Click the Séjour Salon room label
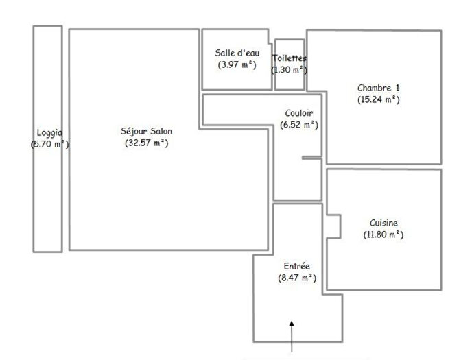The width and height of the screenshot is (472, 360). click(x=146, y=131)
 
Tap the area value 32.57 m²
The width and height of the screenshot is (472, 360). click(x=146, y=143)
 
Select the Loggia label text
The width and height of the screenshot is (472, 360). click(x=49, y=132)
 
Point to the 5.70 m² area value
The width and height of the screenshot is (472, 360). click(x=49, y=145)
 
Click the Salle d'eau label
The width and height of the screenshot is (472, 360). click(x=235, y=53)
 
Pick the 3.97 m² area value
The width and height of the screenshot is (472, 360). click(x=235, y=65)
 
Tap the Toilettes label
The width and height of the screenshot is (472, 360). click(x=290, y=58)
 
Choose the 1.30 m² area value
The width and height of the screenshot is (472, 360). click(x=290, y=70)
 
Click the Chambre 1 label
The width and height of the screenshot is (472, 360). click(x=378, y=88)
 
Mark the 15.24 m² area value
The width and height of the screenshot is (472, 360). click(x=378, y=99)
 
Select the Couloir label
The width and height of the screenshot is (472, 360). click(x=299, y=113)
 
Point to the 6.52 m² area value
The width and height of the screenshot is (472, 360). click(x=299, y=125)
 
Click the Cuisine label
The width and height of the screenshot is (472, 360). click(x=383, y=222)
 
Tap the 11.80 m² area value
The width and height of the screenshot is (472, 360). click(x=383, y=235)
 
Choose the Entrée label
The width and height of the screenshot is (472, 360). click(x=297, y=266)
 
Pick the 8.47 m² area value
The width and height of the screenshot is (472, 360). click(x=297, y=278)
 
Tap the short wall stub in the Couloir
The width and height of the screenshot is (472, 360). click(x=311, y=158)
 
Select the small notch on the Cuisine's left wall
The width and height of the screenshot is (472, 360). click(x=333, y=227)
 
